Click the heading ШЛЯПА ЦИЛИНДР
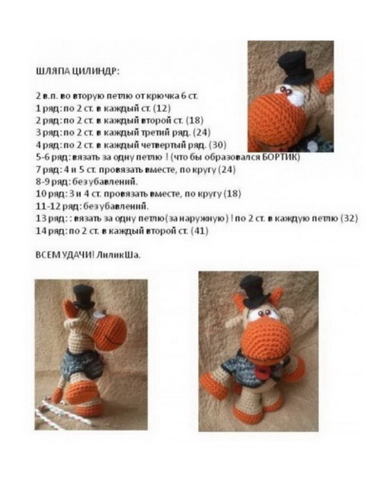[78, 72]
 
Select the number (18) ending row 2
[195, 120]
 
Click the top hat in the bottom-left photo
[84, 296]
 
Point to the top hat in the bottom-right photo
[255, 291]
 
